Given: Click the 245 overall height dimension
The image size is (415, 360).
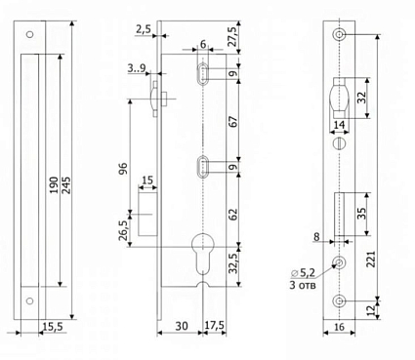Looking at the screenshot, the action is click(66, 185).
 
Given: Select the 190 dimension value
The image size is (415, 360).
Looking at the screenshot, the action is click(54, 185).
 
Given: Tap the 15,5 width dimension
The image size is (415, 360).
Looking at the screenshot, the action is click(53, 326).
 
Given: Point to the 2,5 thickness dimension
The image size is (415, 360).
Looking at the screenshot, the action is click(144, 29).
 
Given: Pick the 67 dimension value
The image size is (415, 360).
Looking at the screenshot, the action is click(233, 121).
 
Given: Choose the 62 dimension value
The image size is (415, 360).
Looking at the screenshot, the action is click(233, 215).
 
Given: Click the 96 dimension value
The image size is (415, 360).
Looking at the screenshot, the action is click(124, 168).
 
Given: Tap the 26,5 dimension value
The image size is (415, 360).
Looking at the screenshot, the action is click(123, 230).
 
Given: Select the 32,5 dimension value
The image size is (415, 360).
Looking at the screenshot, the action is click(233, 262).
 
